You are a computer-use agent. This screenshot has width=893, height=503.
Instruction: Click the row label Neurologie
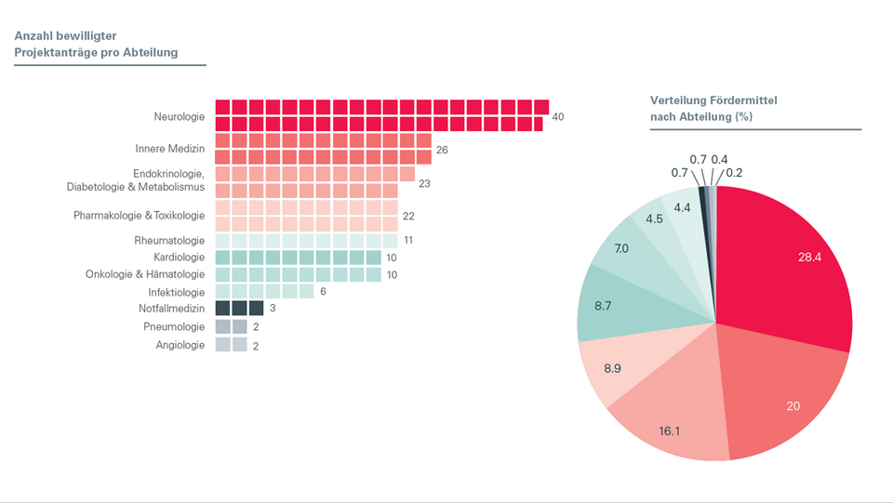coord(179,116)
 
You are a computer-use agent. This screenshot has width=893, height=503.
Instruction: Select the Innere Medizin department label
coord(169,149)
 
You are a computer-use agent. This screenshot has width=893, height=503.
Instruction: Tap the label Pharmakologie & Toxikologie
coord(139,216)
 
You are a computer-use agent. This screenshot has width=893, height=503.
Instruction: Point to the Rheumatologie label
coord(169,241)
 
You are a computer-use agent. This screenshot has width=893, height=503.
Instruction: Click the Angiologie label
coord(180,345)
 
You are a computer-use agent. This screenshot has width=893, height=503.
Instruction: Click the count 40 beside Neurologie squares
coord(558,117)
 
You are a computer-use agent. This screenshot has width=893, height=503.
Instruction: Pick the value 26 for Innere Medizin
coord(442,150)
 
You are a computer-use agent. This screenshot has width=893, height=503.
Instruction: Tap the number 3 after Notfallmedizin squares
coord(273,309)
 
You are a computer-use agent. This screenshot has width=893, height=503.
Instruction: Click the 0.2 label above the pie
coord(735,173)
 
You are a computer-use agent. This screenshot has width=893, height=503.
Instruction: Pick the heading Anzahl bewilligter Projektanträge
coord(96,44)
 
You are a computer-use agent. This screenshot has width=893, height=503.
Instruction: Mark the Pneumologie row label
coord(174,327)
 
